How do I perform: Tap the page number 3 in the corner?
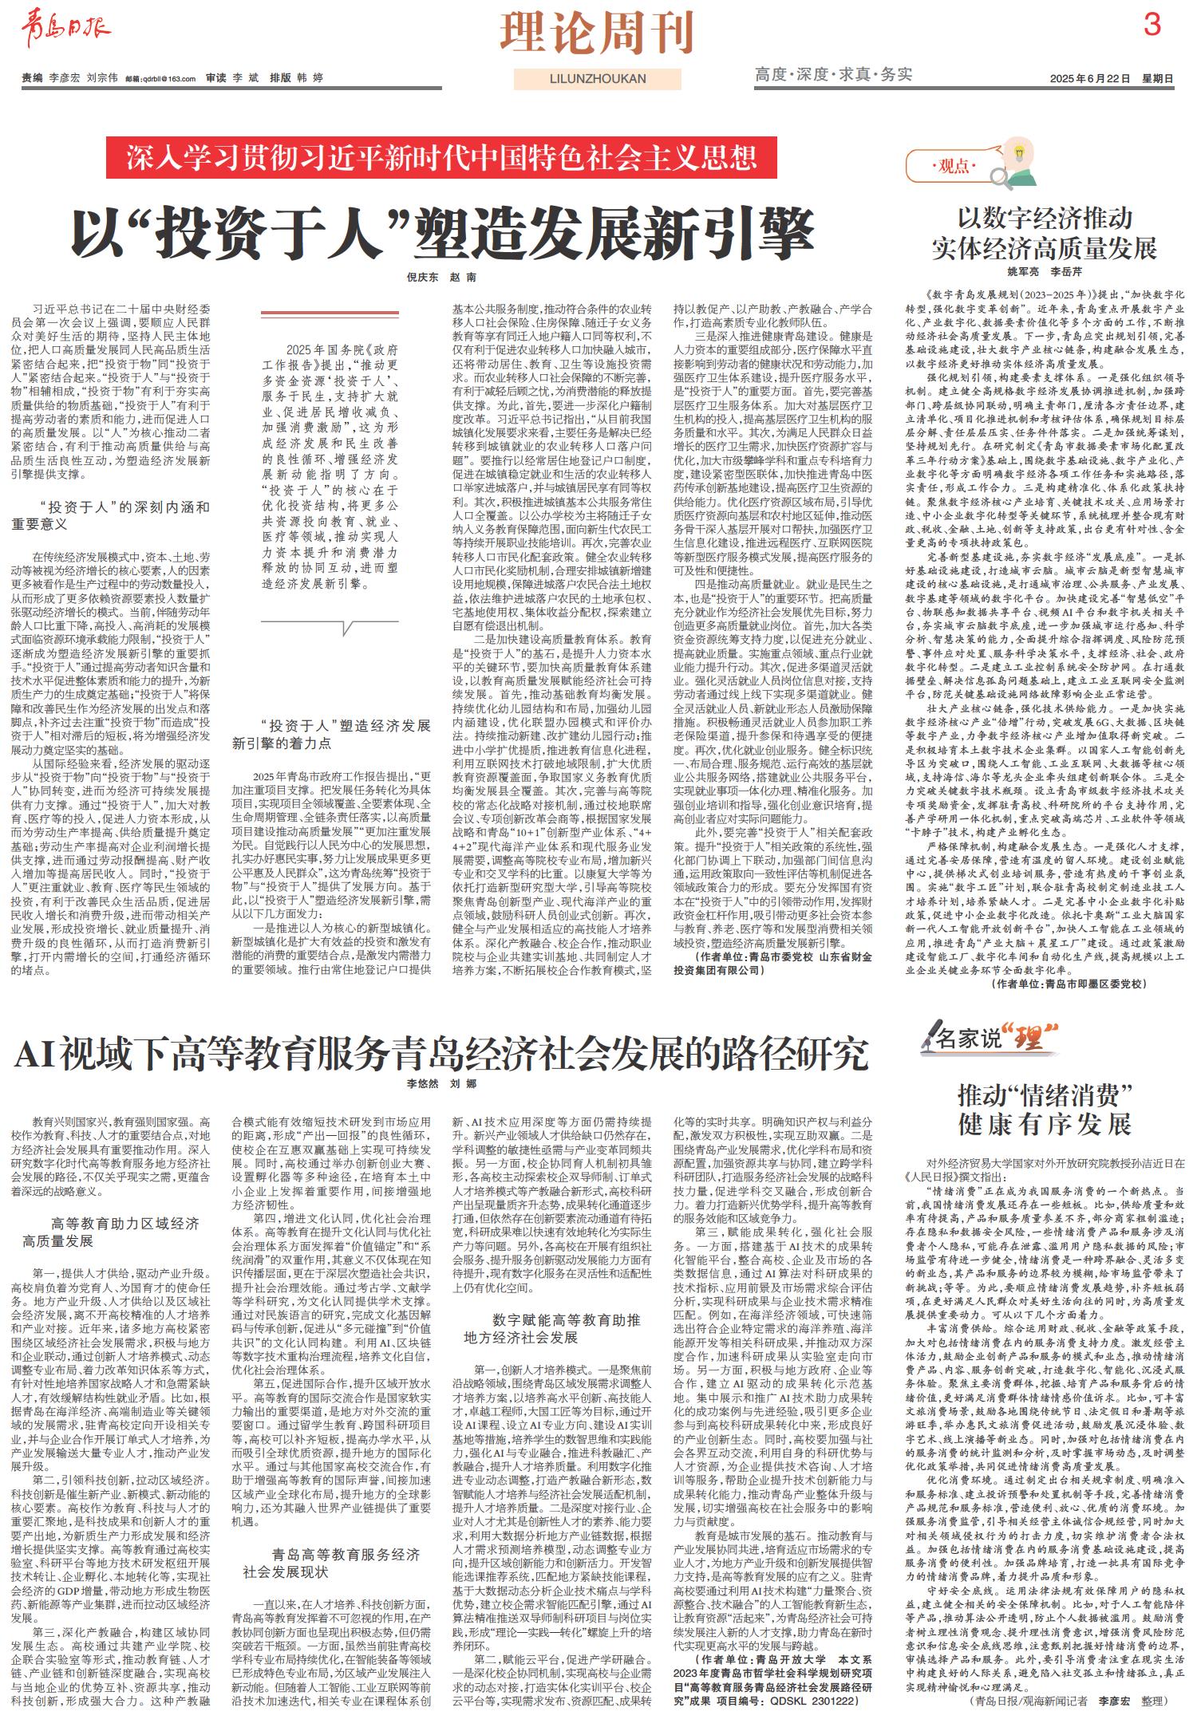[x=1152, y=26]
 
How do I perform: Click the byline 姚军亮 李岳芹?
[x=1045, y=272]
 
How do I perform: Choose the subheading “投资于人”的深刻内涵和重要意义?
[x=112, y=515]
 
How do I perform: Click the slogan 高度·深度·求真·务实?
[x=833, y=75]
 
